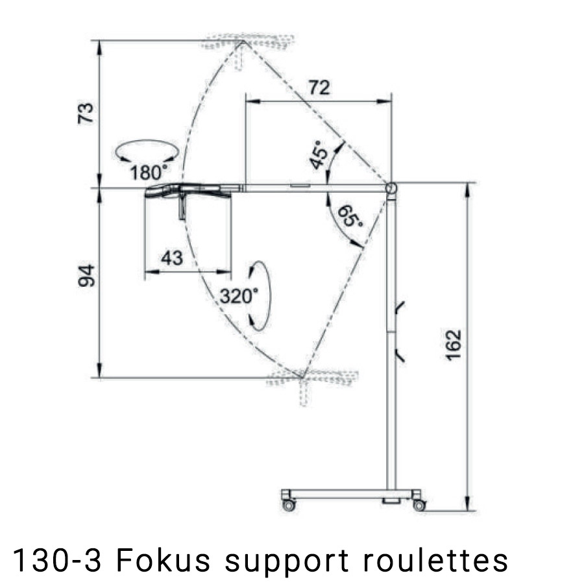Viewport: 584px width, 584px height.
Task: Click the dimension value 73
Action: click(85, 113)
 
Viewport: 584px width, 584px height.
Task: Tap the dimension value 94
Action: click(86, 276)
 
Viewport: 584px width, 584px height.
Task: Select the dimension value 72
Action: click(319, 88)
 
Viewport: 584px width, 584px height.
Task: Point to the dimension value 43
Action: click(172, 258)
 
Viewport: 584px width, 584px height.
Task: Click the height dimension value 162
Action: click(454, 345)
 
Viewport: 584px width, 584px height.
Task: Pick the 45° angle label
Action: click(319, 155)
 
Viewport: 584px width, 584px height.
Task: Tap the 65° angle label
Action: click(350, 217)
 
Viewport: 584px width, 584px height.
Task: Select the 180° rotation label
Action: click(149, 173)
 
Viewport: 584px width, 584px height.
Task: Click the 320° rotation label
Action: click(238, 296)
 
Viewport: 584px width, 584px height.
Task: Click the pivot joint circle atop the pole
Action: click(391, 188)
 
